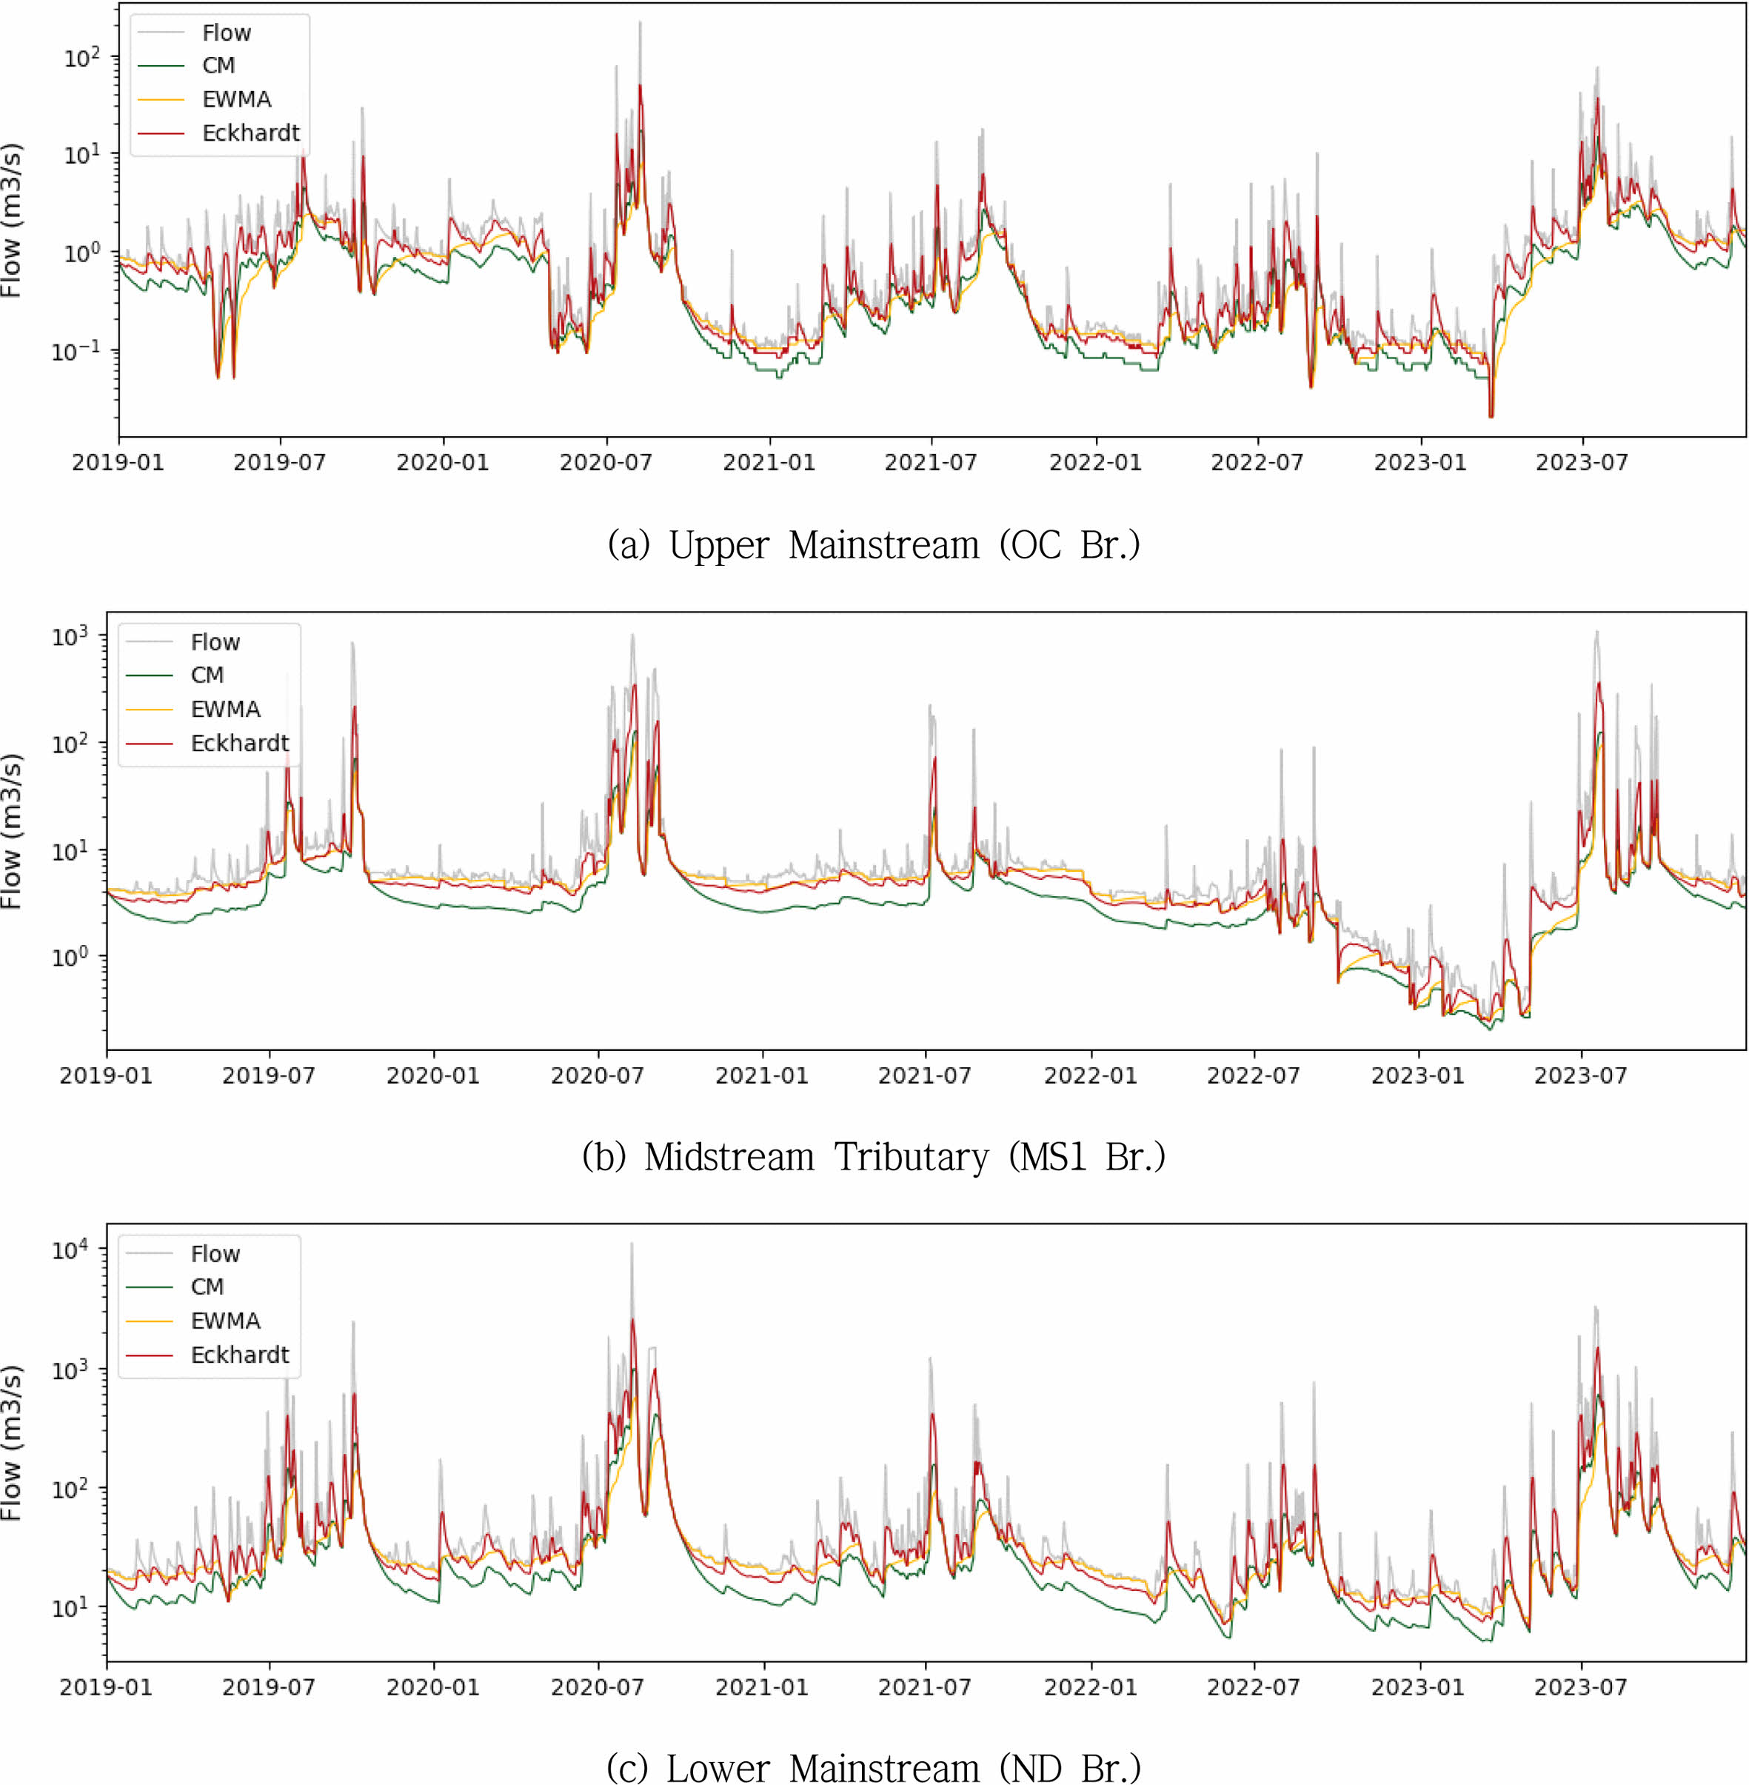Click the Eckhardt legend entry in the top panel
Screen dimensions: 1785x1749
pyautogui.click(x=250, y=133)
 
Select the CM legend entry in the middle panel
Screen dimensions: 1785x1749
pyautogui.click(x=207, y=675)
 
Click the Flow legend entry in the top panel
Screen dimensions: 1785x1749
pyautogui.click(x=226, y=33)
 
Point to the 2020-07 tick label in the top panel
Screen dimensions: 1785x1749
pyautogui.click(x=606, y=462)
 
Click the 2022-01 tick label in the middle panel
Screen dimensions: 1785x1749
pyautogui.click(x=1091, y=1075)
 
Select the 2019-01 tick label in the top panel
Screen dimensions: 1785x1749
pyautogui.click(x=118, y=462)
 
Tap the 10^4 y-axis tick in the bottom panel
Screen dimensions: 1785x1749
pyautogui.click(x=70, y=1249)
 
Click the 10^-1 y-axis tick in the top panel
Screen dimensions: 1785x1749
pyautogui.click(x=76, y=351)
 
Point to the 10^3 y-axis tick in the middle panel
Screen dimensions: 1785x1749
pyautogui.click(x=70, y=635)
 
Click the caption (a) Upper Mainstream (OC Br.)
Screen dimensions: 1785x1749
pyautogui.click(x=874, y=545)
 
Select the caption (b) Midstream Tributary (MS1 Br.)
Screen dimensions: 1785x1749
pyautogui.click(x=874, y=1157)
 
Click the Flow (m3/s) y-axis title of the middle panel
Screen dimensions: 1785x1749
pyautogui.click(x=11, y=832)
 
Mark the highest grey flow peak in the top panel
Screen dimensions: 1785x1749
pyautogui.click(x=641, y=23)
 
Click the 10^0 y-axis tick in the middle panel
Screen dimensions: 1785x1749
pyautogui.click(x=70, y=956)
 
